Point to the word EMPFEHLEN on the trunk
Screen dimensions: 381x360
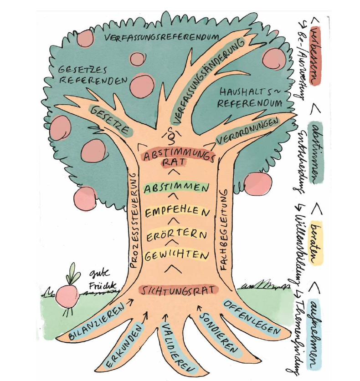(178, 212)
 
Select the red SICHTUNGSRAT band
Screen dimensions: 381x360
(178, 290)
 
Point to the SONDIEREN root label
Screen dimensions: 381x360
(219, 333)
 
